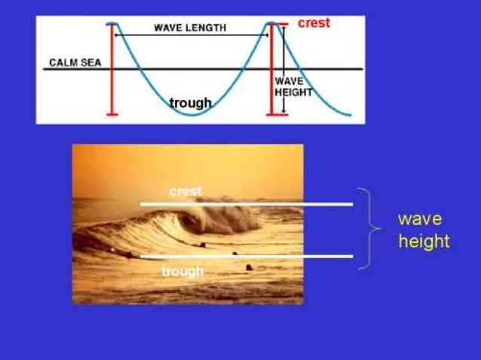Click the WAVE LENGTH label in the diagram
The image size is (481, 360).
click(x=189, y=27)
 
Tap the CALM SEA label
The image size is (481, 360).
click(x=75, y=63)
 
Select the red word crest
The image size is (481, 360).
click(x=314, y=23)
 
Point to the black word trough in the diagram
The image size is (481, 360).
click(x=190, y=102)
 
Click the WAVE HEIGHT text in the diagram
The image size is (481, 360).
click(x=293, y=86)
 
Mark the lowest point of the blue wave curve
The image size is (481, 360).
click(x=191, y=114)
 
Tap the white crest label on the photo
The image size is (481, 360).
click(x=185, y=191)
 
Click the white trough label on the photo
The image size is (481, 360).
click(x=182, y=271)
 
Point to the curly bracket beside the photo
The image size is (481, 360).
click(x=367, y=227)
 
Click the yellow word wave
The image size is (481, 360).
click(x=420, y=219)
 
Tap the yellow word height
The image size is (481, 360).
click(x=423, y=241)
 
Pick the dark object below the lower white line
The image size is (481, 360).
click(x=250, y=267)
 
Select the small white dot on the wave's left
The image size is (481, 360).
click(x=113, y=249)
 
